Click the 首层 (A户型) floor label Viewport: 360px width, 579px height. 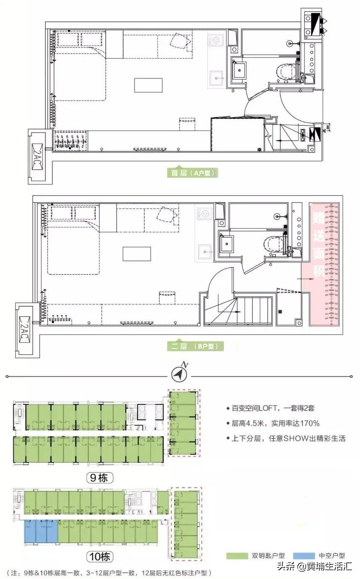tap(193, 173)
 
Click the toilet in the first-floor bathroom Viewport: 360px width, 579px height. tap(285, 72)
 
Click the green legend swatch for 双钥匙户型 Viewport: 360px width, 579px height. tap(237, 555)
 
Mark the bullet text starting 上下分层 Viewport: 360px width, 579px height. tap(285, 438)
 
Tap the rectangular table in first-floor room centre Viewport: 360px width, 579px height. tap(148, 85)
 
